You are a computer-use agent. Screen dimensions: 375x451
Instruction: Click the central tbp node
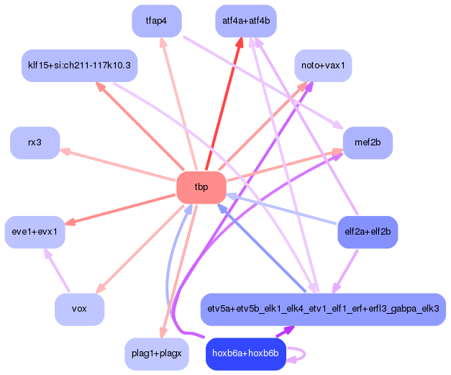coord(201,187)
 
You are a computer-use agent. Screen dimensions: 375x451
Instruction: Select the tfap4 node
coord(157,21)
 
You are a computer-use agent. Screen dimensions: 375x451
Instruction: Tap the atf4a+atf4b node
coord(246,21)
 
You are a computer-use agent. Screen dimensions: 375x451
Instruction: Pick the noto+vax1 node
coord(323,65)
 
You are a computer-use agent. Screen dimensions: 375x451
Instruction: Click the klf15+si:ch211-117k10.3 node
coord(79,65)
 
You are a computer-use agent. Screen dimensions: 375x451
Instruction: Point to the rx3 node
coord(35,143)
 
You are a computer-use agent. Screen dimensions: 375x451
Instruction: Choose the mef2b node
coord(368,143)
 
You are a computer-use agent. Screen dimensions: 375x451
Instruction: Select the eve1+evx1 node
coord(35,232)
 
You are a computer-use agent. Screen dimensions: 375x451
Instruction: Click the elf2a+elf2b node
coord(368,232)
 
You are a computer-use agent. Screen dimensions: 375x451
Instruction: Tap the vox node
coord(79,309)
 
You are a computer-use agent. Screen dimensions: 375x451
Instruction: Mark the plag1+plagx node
coord(157,353)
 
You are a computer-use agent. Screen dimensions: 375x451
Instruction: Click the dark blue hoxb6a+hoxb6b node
coord(246,353)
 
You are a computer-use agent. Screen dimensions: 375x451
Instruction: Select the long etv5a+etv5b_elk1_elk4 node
coord(323,309)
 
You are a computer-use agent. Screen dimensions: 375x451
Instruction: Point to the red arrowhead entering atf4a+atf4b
coord(239,45)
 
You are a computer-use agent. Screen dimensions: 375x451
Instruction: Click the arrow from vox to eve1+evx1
coord(58,271)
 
